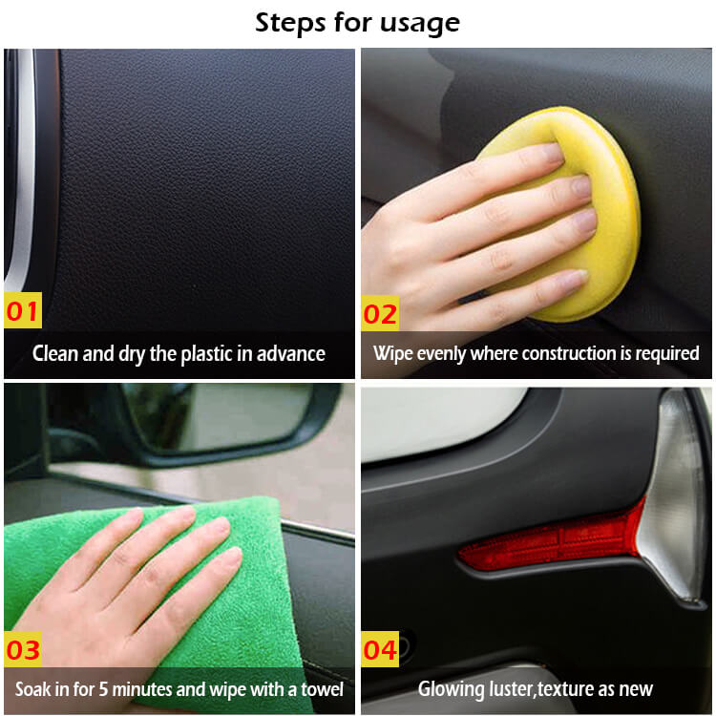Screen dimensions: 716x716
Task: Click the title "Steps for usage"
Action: [357, 23]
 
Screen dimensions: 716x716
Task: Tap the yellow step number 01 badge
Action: [23, 310]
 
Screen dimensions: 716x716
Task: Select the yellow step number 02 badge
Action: [380, 313]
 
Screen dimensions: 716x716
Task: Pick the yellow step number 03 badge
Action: [23, 649]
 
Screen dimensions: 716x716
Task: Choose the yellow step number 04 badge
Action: [380, 649]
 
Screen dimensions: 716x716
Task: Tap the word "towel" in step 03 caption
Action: [322, 689]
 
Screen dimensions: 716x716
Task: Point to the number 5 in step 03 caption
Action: [104, 689]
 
